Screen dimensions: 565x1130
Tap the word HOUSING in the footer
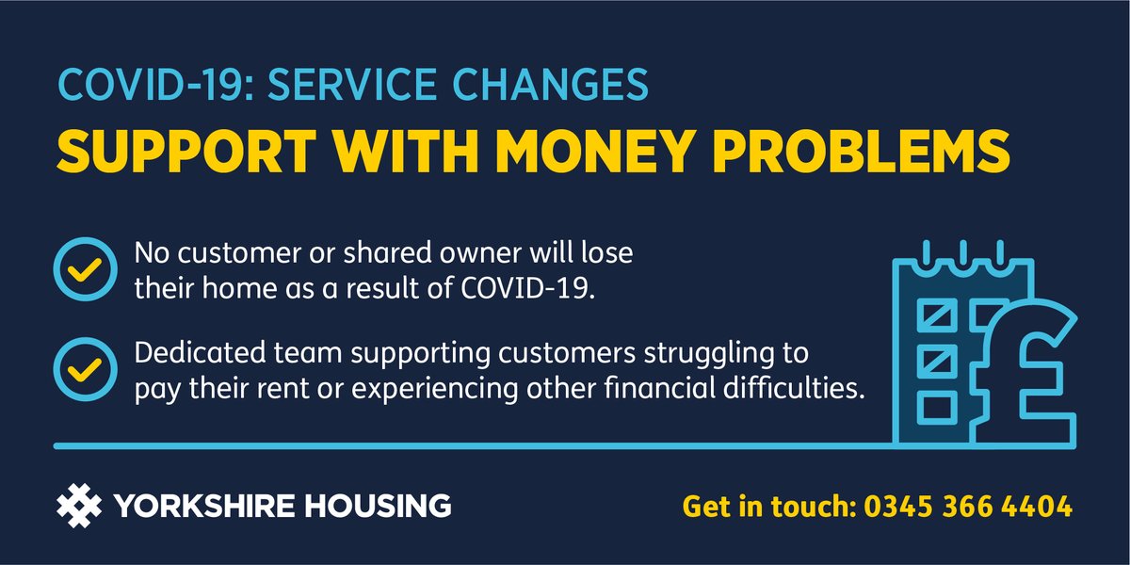388,507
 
